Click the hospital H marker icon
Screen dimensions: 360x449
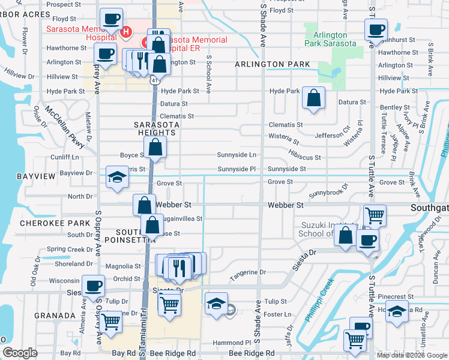click(126, 32)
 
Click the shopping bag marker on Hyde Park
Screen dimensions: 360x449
click(313, 99)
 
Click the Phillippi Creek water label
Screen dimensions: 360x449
click(318, 307)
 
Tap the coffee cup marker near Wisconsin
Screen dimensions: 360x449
click(93, 286)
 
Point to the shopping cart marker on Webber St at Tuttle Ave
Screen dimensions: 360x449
click(375, 215)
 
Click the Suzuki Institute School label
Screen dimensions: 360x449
click(329, 230)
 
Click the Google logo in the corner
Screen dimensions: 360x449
click(20, 353)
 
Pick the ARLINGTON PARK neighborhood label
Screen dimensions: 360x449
click(272, 64)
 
